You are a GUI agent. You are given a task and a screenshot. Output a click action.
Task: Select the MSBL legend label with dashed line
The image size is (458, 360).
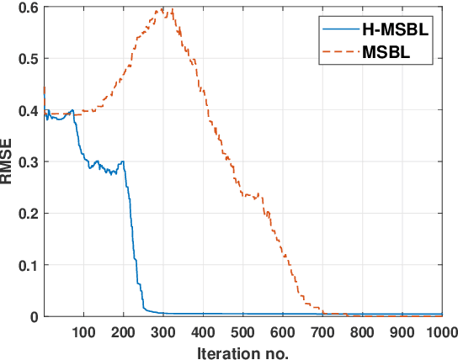[x=388, y=53]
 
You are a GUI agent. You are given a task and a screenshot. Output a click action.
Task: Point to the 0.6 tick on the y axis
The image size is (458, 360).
[x=26, y=8]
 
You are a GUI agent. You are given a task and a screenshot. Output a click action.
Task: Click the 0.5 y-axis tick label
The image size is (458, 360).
[x=26, y=59]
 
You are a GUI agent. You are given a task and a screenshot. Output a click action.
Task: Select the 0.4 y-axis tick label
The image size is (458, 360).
[x=26, y=110]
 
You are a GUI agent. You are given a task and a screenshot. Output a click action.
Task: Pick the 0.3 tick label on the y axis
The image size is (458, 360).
[x=26, y=161]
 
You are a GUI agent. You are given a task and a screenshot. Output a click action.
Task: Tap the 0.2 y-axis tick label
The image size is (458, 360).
[x=26, y=214]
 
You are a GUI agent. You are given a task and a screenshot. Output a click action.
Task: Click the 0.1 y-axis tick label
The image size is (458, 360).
[x=26, y=265]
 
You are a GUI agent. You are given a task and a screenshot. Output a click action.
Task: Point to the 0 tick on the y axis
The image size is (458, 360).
[x=32, y=317]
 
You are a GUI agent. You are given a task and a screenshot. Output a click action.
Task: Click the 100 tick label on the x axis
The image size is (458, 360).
[x=83, y=331]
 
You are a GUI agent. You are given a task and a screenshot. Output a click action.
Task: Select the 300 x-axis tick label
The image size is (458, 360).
[x=163, y=331]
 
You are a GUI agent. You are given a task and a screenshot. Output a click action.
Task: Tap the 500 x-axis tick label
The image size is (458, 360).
[x=242, y=331]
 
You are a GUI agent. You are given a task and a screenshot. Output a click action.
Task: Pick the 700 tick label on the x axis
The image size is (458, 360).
[x=322, y=331]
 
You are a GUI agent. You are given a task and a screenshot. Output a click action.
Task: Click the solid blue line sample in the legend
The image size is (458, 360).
[x=338, y=30]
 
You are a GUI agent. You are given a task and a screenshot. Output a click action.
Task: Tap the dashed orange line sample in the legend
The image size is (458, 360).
[x=338, y=53]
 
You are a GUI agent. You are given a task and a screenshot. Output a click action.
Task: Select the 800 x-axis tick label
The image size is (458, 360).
[x=362, y=331]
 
